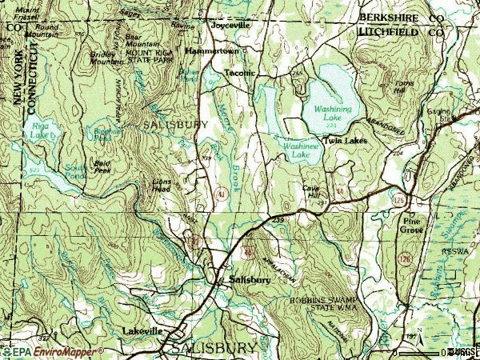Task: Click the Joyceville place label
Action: [x=230, y=26]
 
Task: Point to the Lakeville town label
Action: [x=143, y=330]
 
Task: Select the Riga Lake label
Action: [x=39, y=130]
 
